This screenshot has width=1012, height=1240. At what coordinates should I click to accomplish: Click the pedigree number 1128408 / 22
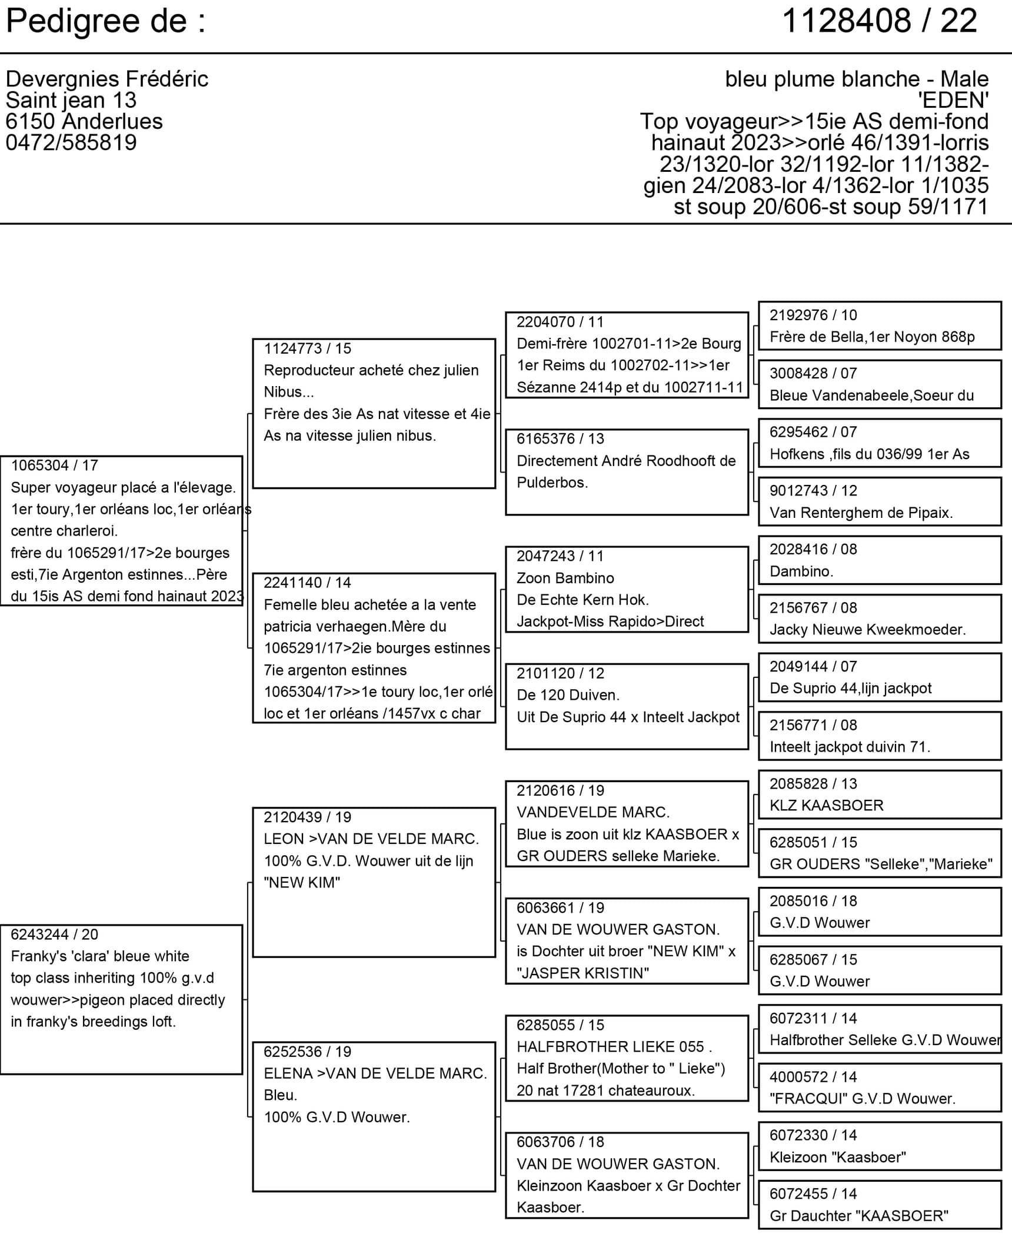tap(879, 21)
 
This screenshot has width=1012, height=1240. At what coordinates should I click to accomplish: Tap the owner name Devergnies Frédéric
tap(106, 79)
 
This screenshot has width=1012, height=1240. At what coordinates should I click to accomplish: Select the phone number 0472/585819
tap(71, 142)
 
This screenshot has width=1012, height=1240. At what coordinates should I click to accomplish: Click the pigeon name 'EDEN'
tap(953, 100)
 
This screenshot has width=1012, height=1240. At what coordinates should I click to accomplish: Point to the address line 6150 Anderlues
tap(84, 121)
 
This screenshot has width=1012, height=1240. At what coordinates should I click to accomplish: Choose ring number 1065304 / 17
tap(54, 466)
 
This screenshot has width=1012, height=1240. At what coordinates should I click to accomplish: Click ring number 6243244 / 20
tap(54, 935)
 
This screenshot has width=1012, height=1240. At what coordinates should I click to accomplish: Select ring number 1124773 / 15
tap(307, 348)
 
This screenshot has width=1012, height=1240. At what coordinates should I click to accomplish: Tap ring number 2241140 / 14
tap(307, 583)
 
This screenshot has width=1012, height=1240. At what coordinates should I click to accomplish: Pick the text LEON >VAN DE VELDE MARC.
tap(371, 839)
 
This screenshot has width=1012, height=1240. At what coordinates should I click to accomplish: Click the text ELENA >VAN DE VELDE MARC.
tap(375, 1073)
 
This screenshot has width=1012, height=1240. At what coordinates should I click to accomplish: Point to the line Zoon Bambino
tap(565, 578)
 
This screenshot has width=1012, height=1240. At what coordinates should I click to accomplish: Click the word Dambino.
tap(801, 571)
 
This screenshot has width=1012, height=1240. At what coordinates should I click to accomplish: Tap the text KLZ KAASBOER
tap(826, 805)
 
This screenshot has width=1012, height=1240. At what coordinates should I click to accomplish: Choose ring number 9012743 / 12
tap(813, 490)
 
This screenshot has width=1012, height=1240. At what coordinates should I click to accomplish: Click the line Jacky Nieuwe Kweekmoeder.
tap(867, 629)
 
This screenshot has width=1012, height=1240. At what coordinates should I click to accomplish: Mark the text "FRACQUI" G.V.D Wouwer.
tap(862, 1098)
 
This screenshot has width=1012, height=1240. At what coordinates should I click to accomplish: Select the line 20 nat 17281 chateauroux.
tap(605, 1091)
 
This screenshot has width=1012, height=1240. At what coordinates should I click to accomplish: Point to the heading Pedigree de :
tap(106, 21)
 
